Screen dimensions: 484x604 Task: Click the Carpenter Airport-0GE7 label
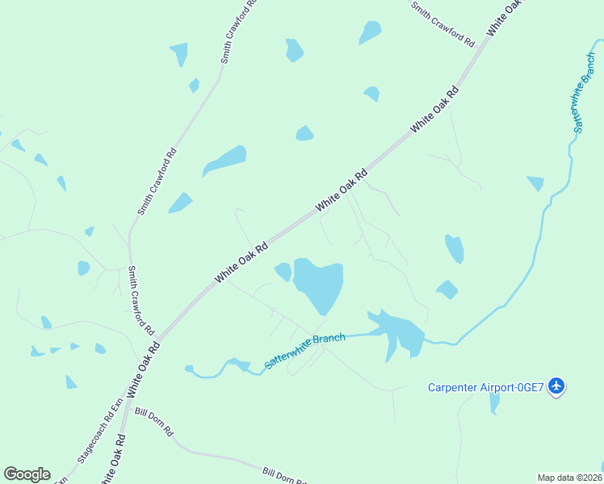click(x=487, y=387)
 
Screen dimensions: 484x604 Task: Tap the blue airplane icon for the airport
click(x=556, y=386)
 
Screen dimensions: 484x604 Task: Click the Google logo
click(x=27, y=474)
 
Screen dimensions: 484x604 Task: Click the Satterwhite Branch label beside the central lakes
click(x=304, y=352)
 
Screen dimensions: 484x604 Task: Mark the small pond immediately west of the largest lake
click(x=283, y=271)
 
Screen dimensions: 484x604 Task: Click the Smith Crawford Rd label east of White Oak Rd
click(x=442, y=23)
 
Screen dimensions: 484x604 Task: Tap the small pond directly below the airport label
click(x=494, y=401)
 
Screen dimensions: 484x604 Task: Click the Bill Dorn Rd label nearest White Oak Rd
click(x=154, y=421)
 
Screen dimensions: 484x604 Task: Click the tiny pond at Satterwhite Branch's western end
click(x=189, y=369)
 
